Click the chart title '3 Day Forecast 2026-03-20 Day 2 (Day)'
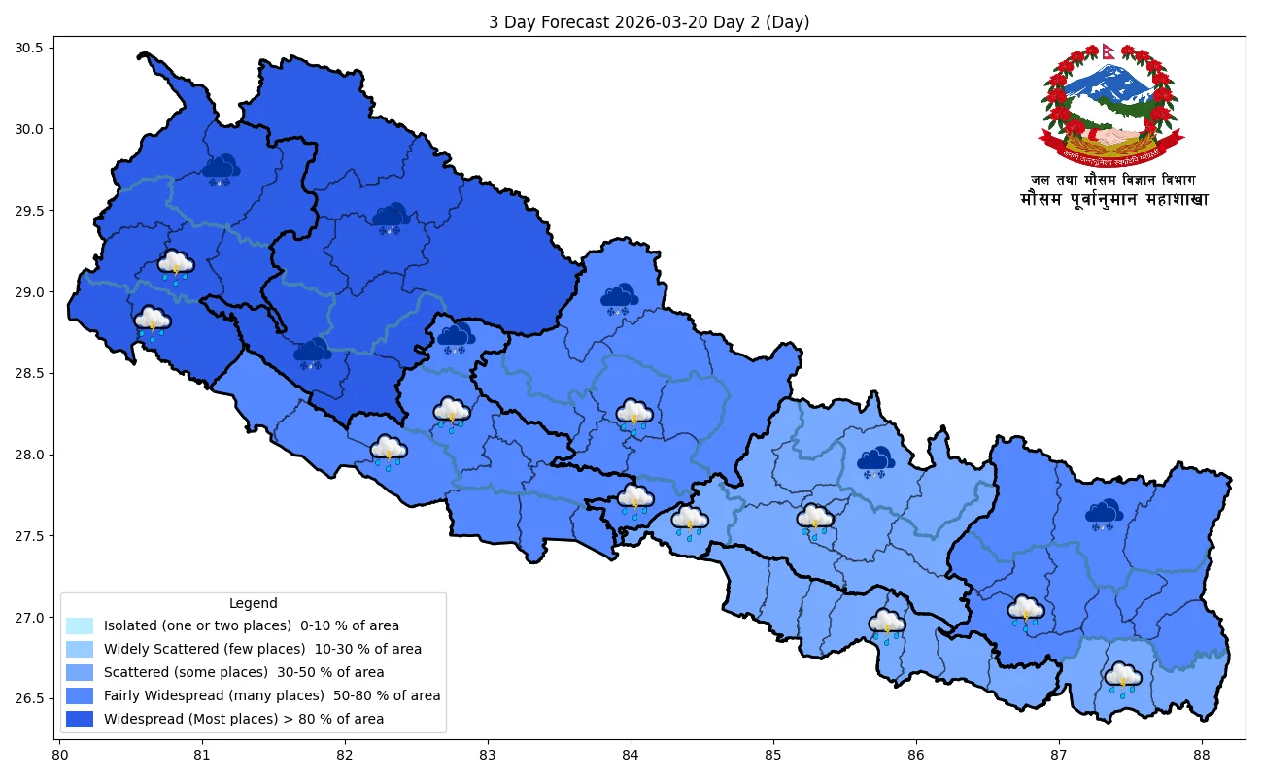tap(649, 22)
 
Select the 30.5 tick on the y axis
tap(39, 48)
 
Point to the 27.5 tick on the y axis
tap(39, 536)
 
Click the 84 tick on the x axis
tap(631, 754)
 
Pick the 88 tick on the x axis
tap(1202, 754)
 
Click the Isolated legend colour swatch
tap(80, 625)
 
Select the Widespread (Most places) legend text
tap(244, 720)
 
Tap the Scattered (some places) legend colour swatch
tap(80, 672)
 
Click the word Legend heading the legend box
tap(253, 603)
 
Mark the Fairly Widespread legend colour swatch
tap(80, 695)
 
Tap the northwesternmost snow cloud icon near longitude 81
tap(222, 169)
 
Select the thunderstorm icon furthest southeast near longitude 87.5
tap(1123, 678)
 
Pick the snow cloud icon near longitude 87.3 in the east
tap(1104, 515)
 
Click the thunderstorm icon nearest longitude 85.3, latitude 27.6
tap(815, 520)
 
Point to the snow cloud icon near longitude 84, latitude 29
tap(619, 298)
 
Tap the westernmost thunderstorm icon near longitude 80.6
tap(153, 322)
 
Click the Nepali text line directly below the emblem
tap(1113, 180)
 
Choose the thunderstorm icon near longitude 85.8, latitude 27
tap(887, 625)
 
